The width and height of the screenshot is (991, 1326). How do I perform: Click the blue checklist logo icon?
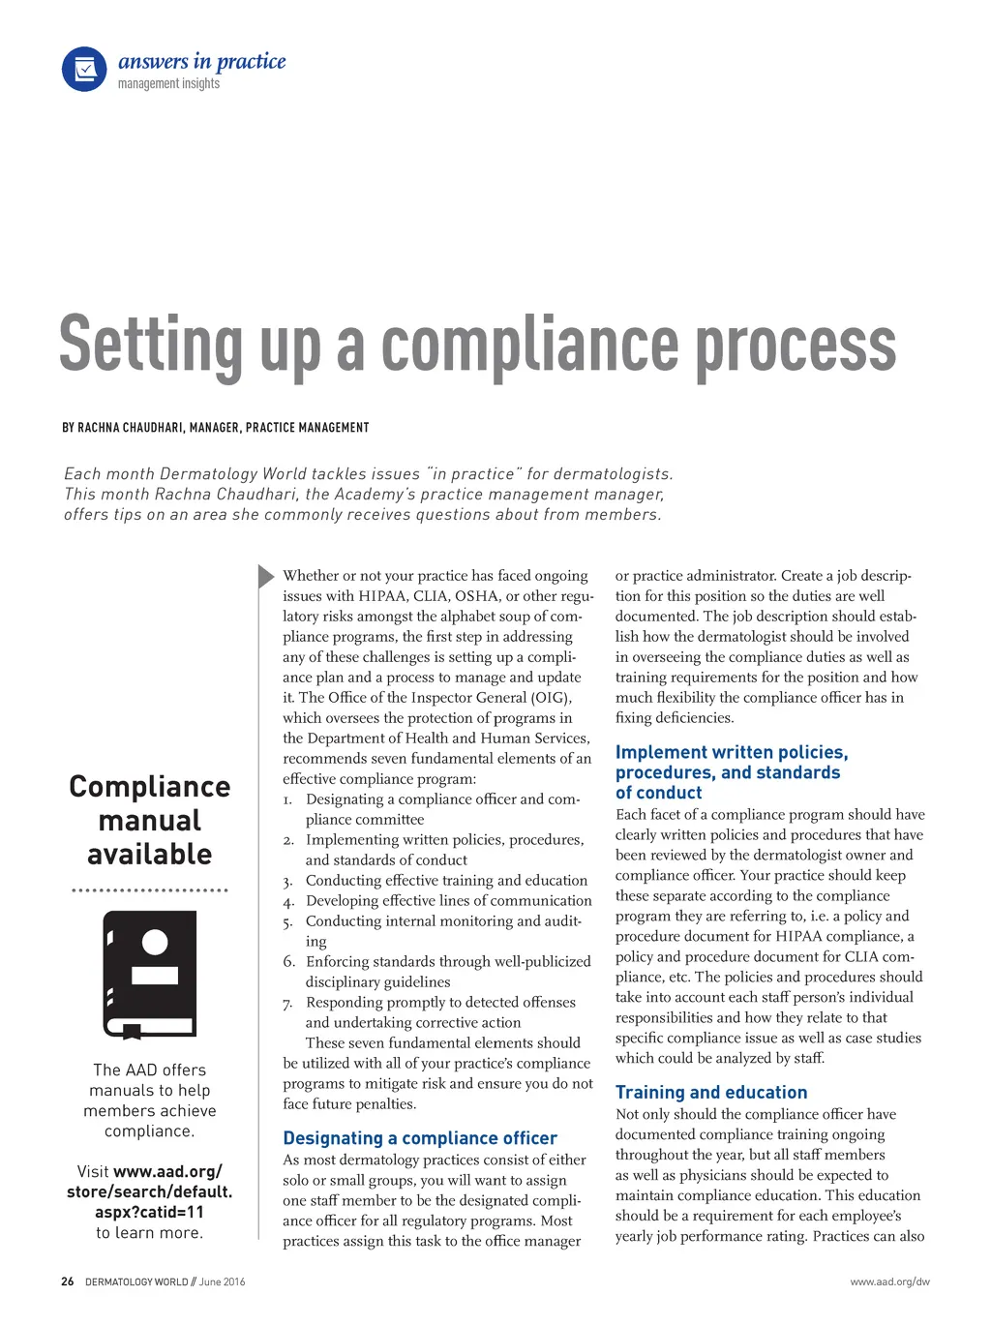pos(84,70)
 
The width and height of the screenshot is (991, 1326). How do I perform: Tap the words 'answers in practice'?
pos(201,62)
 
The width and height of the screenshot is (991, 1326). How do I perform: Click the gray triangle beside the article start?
pos(266,576)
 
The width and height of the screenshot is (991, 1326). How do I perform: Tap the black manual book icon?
pos(150,974)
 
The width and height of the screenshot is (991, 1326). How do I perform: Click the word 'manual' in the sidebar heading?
pos(150,821)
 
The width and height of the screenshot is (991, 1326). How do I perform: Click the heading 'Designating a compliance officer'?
pos(420,1138)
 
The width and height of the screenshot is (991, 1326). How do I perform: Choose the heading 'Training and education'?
pos(711,1092)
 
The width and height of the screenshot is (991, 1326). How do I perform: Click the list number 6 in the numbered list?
pos(288,961)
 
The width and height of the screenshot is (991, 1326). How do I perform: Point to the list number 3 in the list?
pos(287,881)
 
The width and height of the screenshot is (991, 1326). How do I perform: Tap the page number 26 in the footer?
pos(67,1281)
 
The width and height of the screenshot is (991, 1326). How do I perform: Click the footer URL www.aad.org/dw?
pos(889,1281)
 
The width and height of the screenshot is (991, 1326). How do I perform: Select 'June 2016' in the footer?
pos(223,1281)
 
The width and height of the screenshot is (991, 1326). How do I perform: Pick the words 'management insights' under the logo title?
pos(168,84)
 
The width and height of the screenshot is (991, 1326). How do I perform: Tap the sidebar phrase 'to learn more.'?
pos(150,1232)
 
